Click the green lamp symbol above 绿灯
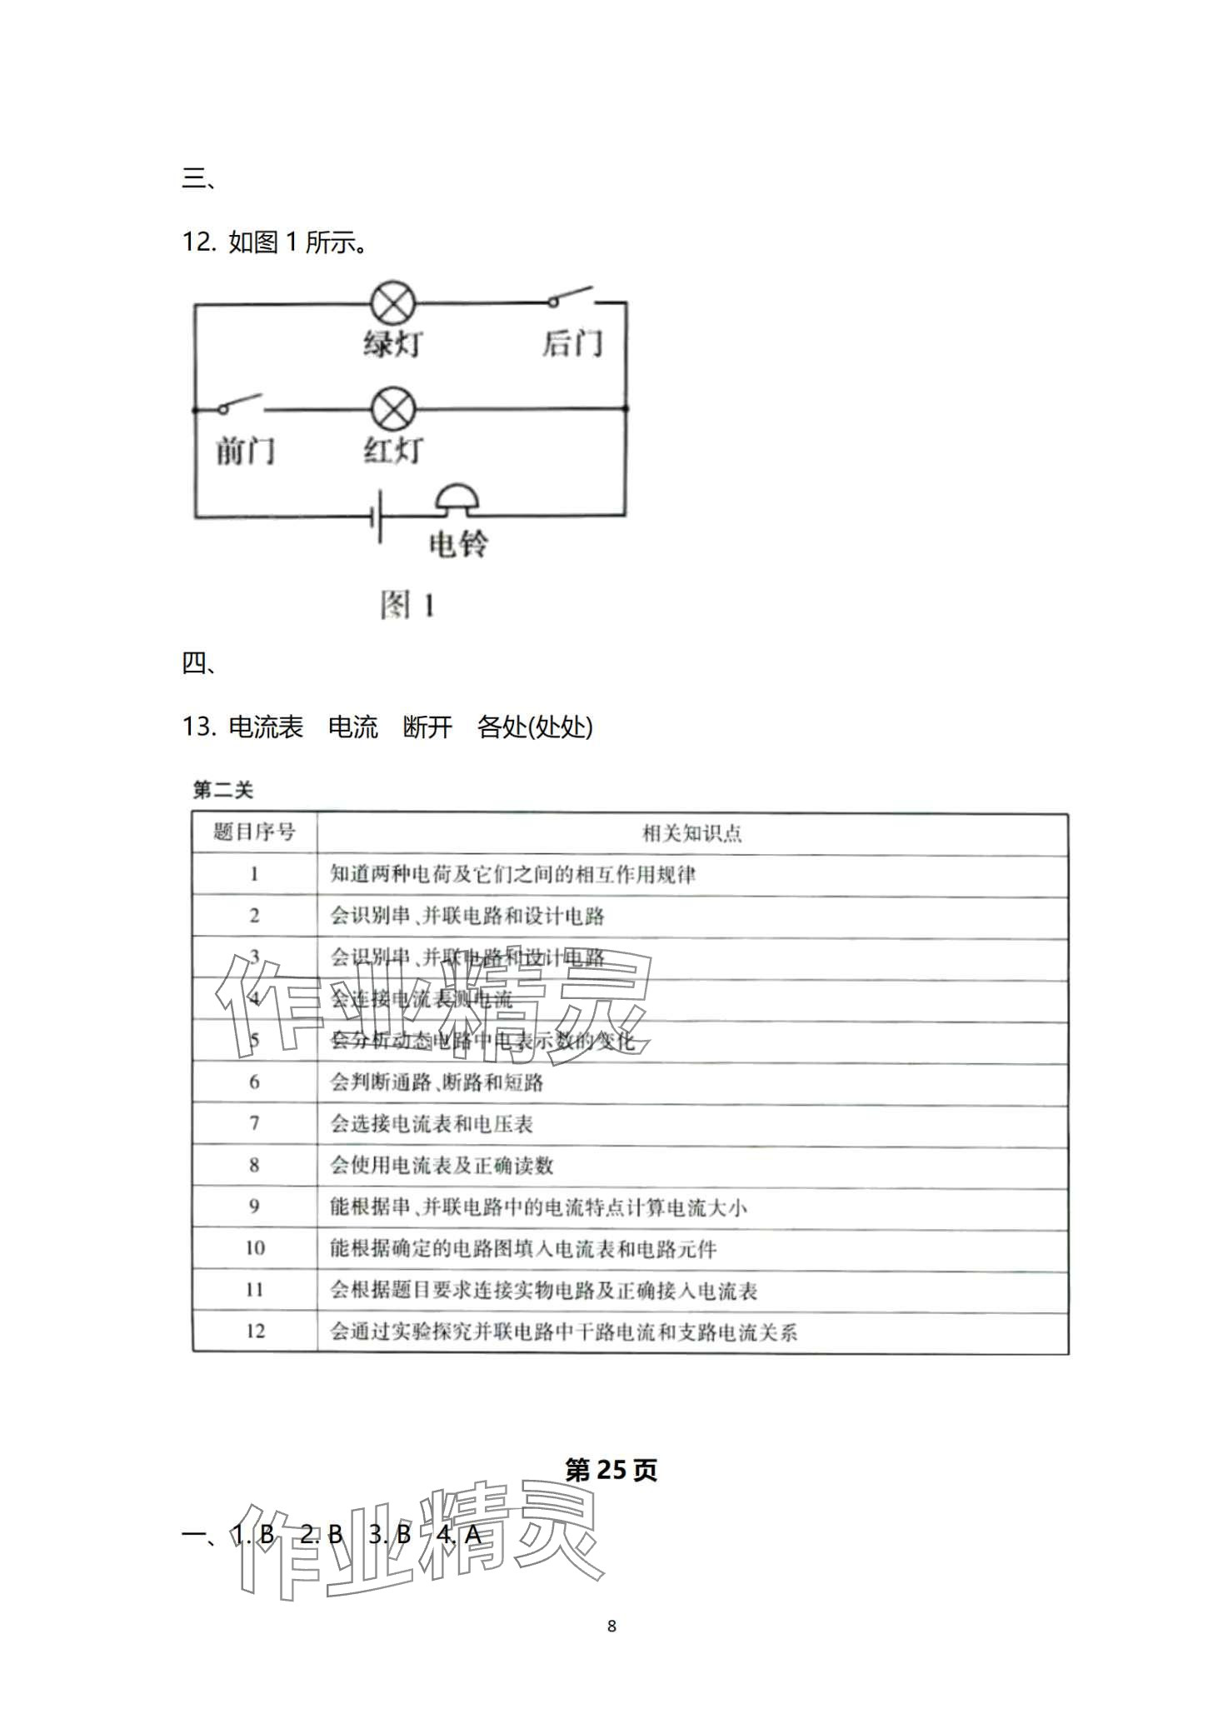[x=392, y=303]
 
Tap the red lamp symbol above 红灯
[x=392, y=409]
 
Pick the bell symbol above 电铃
[x=457, y=498]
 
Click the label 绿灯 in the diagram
[x=392, y=343]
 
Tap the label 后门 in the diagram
[x=572, y=343]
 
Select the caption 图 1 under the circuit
[x=407, y=606]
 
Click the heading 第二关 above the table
[x=222, y=790]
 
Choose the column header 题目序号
[x=254, y=832]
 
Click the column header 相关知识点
[x=691, y=832]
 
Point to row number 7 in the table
[x=254, y=1123]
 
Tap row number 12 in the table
[x=254, y=1331]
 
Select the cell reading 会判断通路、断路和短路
[x=437, y=1082]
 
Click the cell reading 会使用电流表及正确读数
[x=442, y=1165]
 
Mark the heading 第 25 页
[x=611, y=1471]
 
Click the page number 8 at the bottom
[x=611, y=1626]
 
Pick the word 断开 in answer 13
[x=427, y=727]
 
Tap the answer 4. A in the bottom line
[x=459, y=1535]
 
